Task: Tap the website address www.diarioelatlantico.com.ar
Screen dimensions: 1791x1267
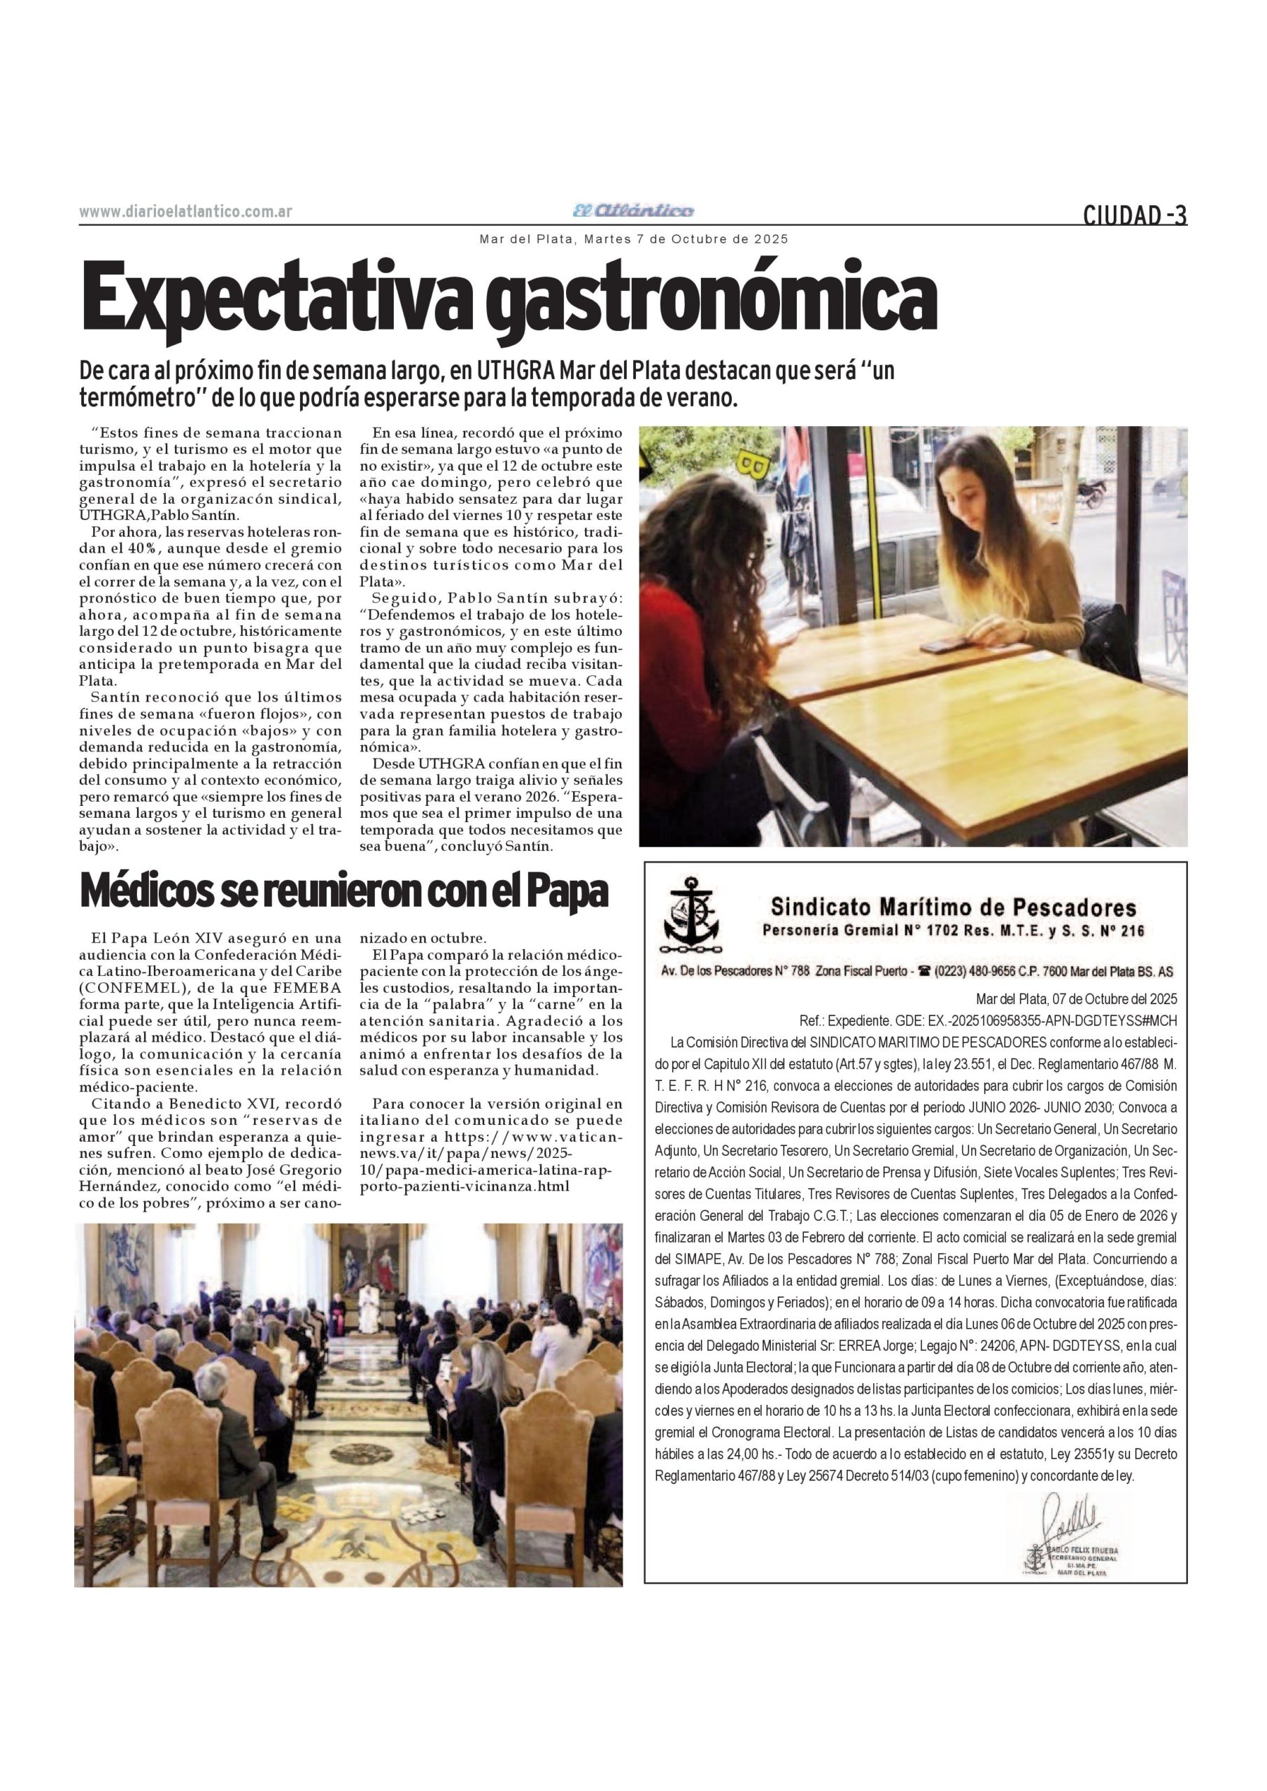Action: (185, 211)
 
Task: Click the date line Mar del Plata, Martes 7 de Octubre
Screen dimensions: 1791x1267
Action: (634, 239)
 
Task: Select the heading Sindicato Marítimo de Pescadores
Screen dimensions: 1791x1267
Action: (954, 907)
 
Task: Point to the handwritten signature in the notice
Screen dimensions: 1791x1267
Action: (1070, 1515)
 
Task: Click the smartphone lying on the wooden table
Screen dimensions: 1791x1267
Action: (944, 645)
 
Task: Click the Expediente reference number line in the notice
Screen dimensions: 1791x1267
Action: (988, 1020)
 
